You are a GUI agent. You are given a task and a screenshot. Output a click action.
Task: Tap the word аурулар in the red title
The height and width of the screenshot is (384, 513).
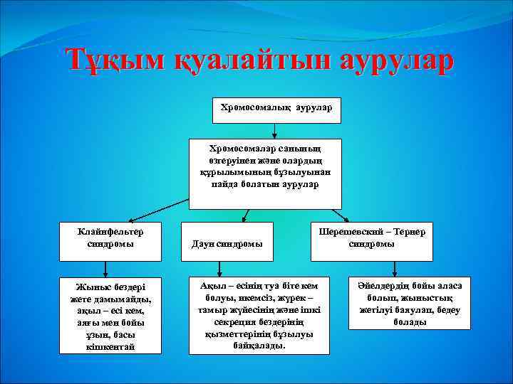385,60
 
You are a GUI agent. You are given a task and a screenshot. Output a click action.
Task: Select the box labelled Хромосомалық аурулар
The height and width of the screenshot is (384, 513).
276,110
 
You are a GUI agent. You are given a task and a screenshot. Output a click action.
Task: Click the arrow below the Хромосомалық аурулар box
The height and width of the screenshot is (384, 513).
275,131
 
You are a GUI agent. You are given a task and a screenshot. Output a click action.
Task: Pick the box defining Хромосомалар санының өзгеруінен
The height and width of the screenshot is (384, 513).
265,174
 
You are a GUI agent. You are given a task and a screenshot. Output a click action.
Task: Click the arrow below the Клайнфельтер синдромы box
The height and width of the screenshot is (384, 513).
106,268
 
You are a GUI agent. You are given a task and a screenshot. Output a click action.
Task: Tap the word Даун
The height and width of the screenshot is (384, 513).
203,243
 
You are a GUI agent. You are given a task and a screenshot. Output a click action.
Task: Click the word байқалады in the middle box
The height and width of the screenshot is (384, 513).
258,345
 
